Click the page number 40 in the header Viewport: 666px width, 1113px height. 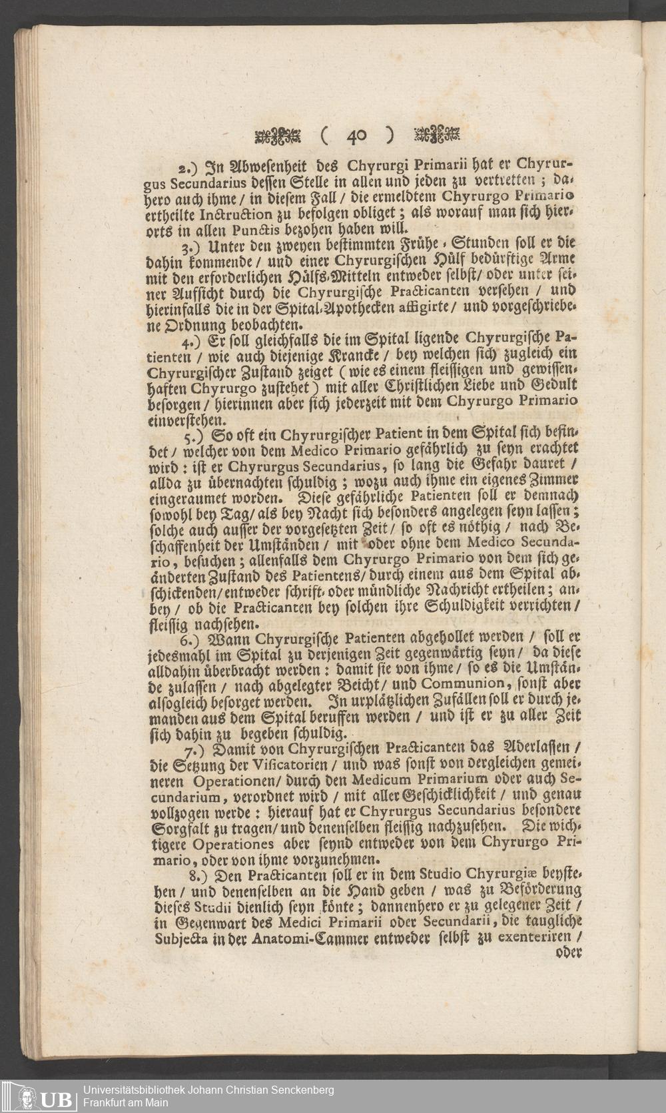(356, 136)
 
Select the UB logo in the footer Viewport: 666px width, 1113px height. (45, 1095)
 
